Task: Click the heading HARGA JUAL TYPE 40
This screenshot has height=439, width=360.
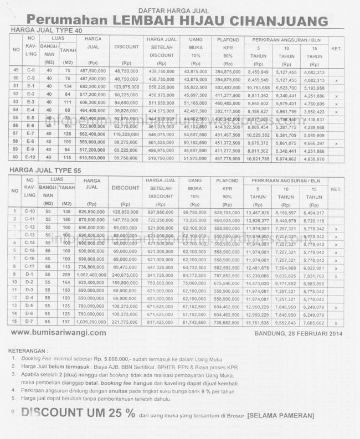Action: [x=41, y=30]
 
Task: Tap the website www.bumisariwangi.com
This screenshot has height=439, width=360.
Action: [x=58, y=333]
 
